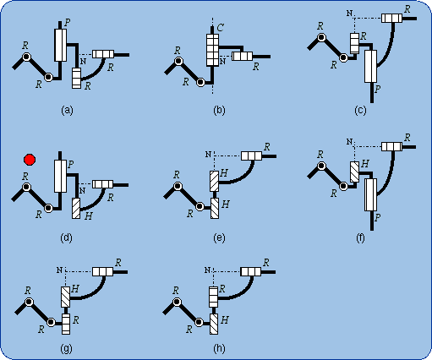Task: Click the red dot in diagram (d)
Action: pos(30,159)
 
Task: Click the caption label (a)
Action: pos(67,110)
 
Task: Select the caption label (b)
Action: pos(219,110)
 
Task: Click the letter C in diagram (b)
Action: pos(220,29)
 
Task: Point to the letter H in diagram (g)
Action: pos(75,289)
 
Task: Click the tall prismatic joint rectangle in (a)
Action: pos(60,44)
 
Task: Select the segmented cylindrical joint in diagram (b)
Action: pos(212,50)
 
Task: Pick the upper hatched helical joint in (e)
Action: pos(214,180)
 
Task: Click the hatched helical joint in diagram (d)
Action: pos(76,207)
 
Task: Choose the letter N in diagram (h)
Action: pos(206,270)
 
